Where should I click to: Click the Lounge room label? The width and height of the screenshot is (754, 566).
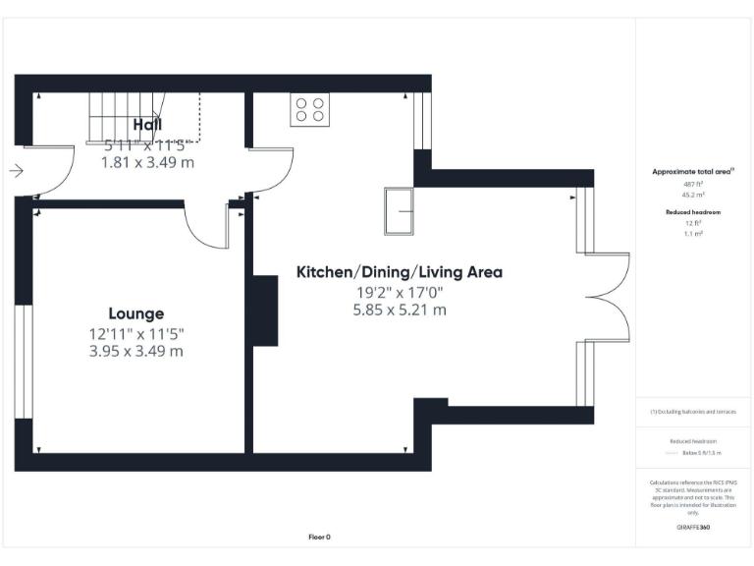click(x=136, y=314)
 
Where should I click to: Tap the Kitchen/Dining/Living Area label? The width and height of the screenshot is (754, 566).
click(x=400, y=272)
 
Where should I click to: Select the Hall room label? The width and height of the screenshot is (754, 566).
click(x=148, y=125)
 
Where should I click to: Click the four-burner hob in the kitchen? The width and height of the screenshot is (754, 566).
click(x=309, y=110)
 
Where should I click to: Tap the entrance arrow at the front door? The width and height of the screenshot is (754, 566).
click(x=16, y=171)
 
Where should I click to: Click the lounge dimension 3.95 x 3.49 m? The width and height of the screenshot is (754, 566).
click(x=136, y=351)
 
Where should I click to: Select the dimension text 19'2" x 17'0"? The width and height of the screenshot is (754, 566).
click(x=400, y=292)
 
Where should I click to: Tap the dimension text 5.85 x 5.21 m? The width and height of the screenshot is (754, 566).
click(x=400, y=310)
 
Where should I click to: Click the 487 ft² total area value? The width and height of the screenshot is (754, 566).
click(x=693, y=185)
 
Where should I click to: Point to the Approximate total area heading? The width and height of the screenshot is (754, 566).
click(x=693, y=172)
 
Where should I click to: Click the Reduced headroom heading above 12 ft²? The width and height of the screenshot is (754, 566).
click(x=693, y=212)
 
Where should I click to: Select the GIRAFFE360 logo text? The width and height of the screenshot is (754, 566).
click(x=693, y=528)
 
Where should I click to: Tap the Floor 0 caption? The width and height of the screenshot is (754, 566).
click(x=320, y=537)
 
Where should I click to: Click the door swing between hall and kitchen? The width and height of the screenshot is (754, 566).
click(x=275, y=172)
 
